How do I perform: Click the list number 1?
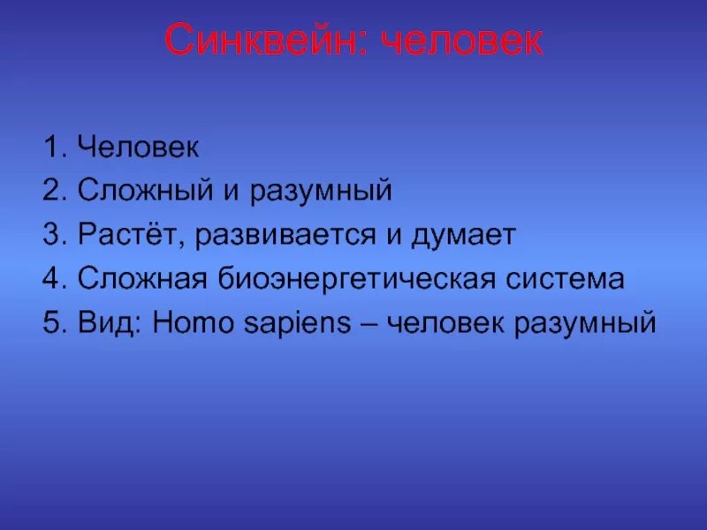[51, 147]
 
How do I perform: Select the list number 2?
[51, 191]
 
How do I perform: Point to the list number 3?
[51, 235]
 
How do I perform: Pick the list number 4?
[51, 279]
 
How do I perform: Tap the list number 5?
[51, 323]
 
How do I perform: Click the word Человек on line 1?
[138, 147]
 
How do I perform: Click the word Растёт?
[130, 236]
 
